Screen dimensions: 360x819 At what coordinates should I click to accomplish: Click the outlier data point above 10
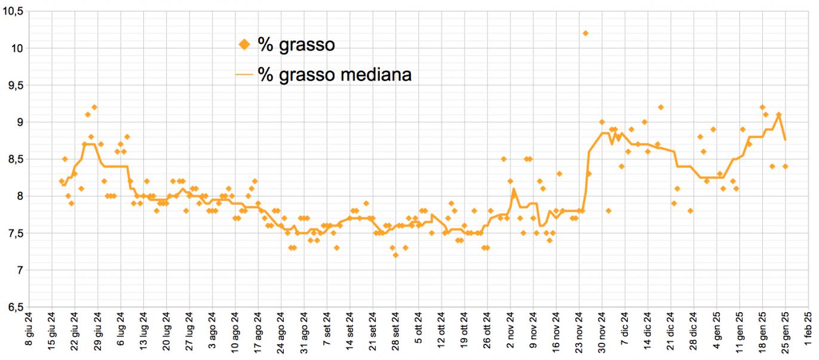[585, 33]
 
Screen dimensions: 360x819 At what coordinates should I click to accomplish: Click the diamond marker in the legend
[244, 44]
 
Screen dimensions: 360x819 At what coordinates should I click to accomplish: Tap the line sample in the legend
[244, 75]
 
